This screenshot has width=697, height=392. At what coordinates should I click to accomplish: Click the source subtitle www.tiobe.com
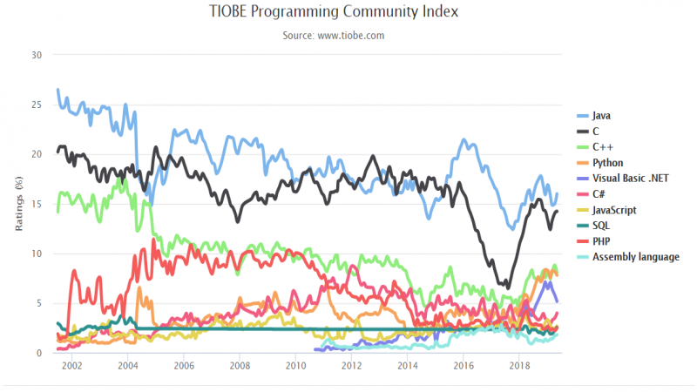click(334, 36)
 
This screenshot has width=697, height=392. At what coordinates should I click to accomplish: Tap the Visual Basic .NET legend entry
click(628, 179)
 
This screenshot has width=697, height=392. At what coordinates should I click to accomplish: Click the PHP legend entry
click(600, 241)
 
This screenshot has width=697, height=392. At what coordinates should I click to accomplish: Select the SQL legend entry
click(600, 226)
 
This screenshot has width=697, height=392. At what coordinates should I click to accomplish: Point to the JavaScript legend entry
click(614, 210)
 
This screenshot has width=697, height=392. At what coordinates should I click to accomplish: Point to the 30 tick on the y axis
click(36, 55)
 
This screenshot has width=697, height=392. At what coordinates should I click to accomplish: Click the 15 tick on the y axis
click(36, 204)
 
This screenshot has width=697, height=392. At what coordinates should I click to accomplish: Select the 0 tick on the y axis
click(38, 353)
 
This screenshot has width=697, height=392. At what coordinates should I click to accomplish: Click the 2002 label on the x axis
click(71, 367)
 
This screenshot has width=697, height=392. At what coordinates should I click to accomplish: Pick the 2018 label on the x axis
click(519, 367)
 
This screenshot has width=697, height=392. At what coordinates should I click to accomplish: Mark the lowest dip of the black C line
click(507, 287)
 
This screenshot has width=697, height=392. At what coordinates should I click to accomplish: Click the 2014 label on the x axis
click(407, 367)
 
